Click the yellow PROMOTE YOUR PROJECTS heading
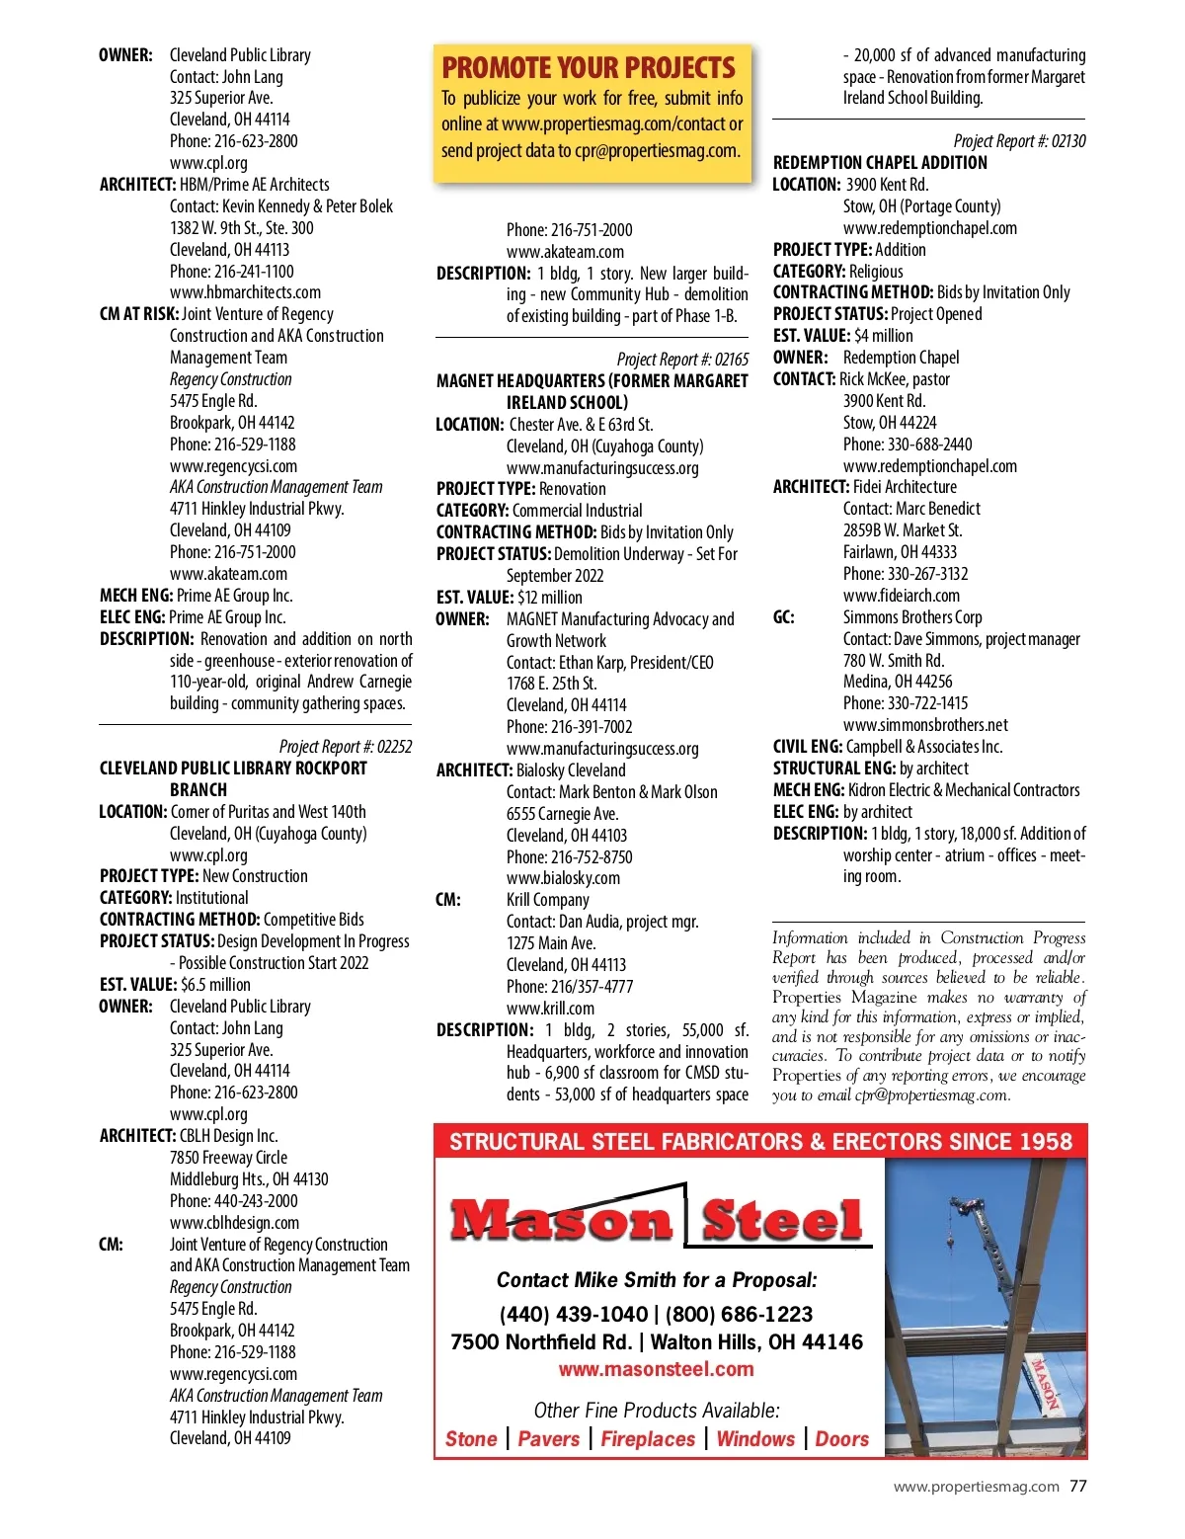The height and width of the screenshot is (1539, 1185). coord(589,68)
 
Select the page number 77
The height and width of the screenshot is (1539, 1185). coord(1078,1486)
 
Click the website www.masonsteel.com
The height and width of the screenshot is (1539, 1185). coord(656,1369)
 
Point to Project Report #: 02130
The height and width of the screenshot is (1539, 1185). coord(1019,141)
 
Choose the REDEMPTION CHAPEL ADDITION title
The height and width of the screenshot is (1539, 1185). coord(880,163)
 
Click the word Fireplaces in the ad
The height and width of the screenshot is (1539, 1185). coord(648,1439)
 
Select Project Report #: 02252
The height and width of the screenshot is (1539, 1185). coord(346,747)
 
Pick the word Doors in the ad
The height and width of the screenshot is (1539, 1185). coord(841,1439)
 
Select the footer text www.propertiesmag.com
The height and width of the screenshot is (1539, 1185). coord(976,1487)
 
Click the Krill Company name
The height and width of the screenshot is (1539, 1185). coord(547,900)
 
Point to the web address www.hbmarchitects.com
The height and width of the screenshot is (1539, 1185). coord(245,292)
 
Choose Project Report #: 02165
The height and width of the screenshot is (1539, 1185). coord(682,360)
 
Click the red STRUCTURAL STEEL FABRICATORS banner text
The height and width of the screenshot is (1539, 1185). coord(759,1142)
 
